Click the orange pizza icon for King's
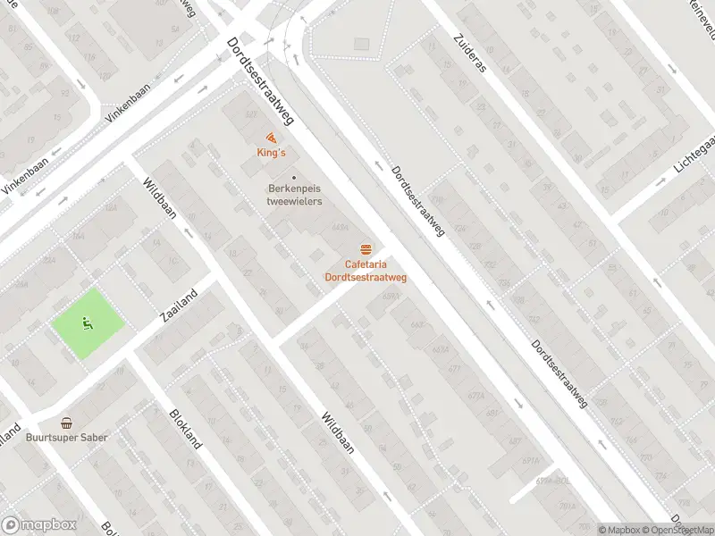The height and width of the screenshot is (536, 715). point(270,138)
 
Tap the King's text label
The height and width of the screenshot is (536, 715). point(270,153)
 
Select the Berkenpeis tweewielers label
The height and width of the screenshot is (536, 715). point(294,195)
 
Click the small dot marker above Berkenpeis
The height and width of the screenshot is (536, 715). point(294,177)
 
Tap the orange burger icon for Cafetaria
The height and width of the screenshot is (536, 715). point(365,247)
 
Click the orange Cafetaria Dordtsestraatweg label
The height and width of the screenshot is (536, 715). point(365,271)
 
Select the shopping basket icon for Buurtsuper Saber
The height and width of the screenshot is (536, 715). point(66,423)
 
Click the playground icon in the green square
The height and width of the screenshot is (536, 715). point(86,323)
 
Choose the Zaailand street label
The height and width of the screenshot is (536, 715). point(178,305)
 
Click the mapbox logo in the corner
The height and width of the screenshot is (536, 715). point(38,525)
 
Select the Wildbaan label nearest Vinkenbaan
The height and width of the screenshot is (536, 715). point(159,197)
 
